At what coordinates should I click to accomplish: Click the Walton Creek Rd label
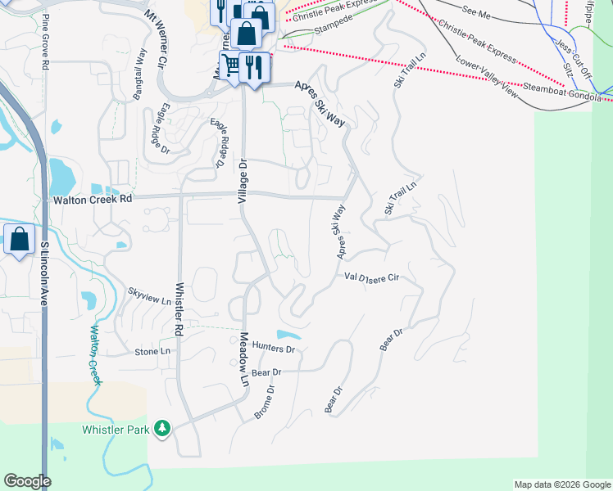(x=92, y=199)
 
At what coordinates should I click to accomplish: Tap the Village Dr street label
(x=243, y=187)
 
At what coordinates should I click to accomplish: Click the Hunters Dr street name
(x=273, y=349)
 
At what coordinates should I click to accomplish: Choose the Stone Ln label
(x=153, y=352)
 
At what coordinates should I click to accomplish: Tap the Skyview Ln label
(x=149, y=296)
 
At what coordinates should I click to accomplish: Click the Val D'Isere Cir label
(x=370, y=277)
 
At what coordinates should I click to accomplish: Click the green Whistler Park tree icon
(x=163, y=428)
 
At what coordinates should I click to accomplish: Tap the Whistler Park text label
(x=115, y=430)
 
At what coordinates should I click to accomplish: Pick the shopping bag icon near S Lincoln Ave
(x=20, y=240)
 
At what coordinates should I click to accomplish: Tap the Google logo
(x=27, y=481)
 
